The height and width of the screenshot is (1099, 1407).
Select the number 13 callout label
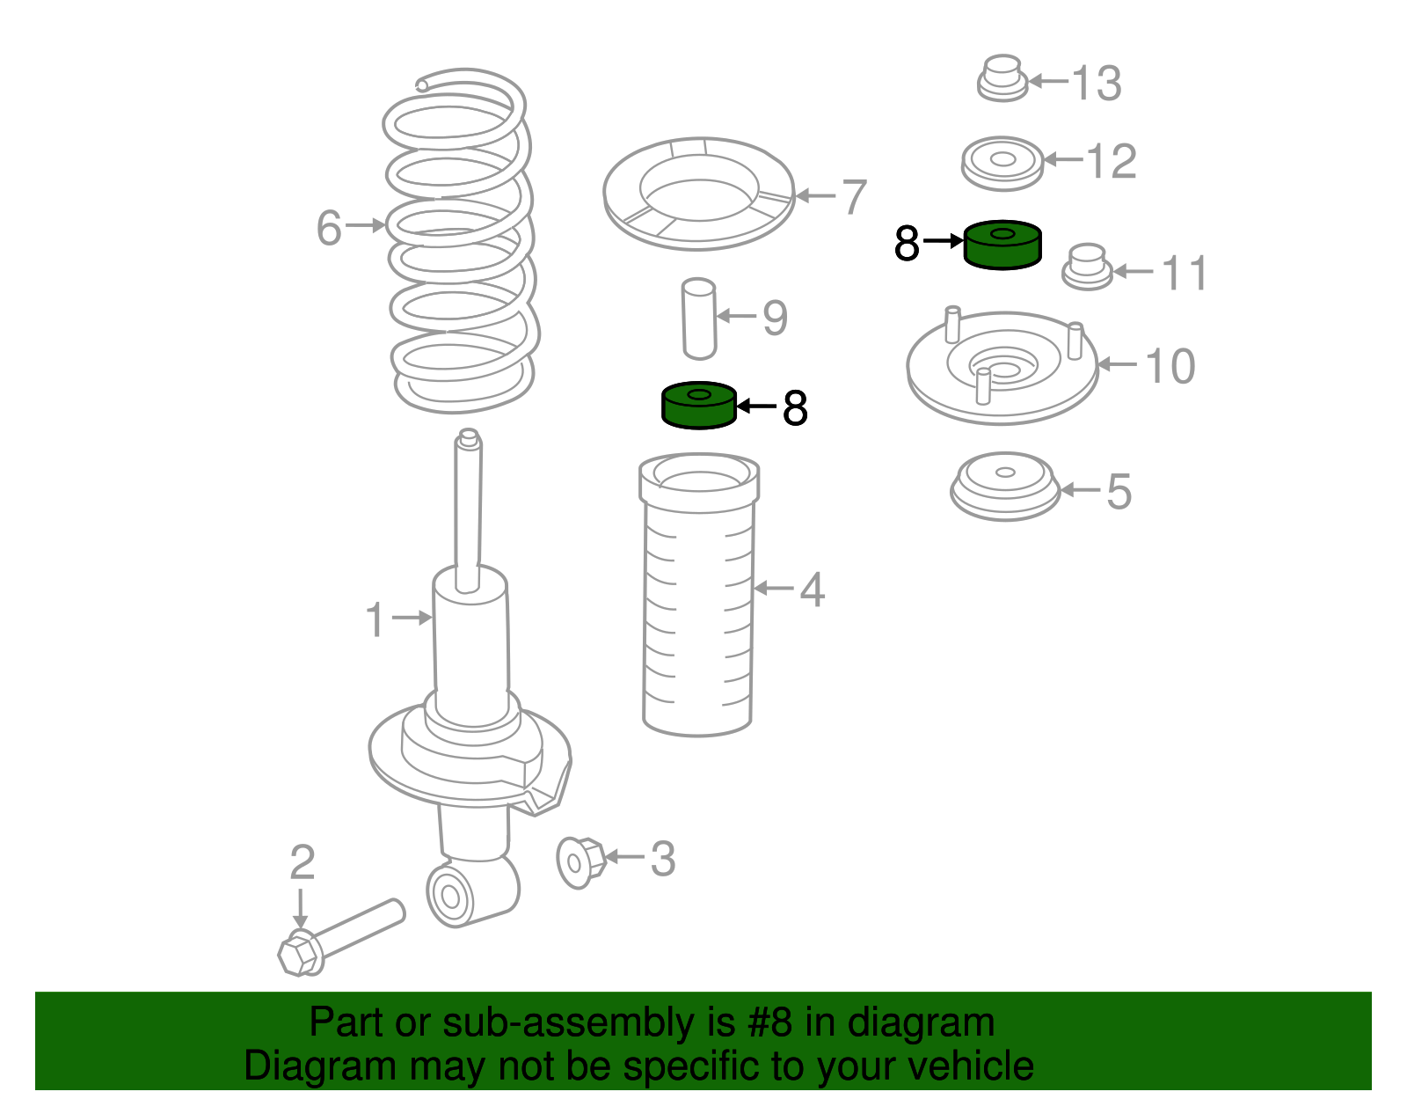coord(1097,83)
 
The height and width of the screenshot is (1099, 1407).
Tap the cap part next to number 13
coord(1002,78)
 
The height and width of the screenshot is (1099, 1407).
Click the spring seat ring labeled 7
coord(698,233)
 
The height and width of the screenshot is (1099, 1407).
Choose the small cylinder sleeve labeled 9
coord(699,319)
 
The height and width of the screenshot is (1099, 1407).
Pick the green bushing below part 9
coord(698,406)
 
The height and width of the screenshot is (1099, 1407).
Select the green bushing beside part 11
coord(1002,245)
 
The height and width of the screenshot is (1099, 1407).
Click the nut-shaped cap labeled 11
coord(1087,267)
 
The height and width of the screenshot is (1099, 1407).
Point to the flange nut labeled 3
coord(580,862)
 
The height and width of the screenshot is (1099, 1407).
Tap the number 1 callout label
coord(375,619)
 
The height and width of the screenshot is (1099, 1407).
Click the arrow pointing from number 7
coord(816,195)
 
